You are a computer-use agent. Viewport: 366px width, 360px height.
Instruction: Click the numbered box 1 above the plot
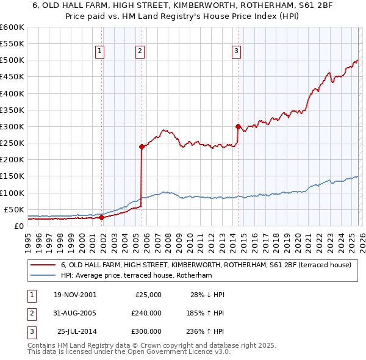tap(99, 51)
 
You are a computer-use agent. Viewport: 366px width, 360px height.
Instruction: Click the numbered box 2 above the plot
tap(140, 51)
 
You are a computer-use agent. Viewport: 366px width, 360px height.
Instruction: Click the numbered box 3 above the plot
tap(236, 51)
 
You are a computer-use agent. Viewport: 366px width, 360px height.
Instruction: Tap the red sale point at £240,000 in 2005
tap(142, 146)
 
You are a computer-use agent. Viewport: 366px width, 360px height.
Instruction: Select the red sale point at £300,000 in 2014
tap(237, 126)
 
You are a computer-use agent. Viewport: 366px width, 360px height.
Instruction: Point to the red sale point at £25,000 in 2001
tap(101, 217)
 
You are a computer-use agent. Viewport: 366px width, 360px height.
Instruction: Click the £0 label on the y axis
tap(18, 226)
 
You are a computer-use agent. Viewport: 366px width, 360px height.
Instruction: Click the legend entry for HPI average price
tap(135, 276)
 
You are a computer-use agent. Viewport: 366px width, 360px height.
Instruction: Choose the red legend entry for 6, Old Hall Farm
tap(206, 265)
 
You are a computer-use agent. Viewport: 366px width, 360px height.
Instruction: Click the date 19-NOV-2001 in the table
tap(75, 295)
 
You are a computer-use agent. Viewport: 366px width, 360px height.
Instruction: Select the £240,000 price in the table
tap(146, 313)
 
